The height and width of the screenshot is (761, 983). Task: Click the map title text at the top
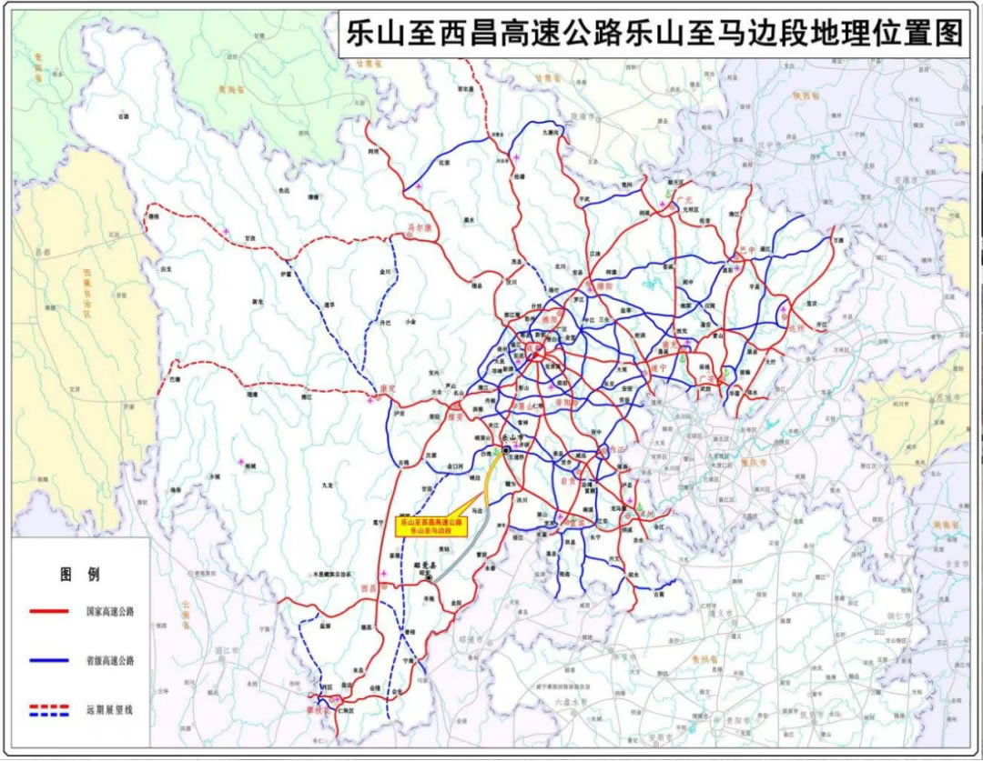pos(653,34)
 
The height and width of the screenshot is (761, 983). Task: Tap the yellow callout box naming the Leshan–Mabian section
pos(431,526)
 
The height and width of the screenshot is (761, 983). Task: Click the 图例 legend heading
pos(80,575)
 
